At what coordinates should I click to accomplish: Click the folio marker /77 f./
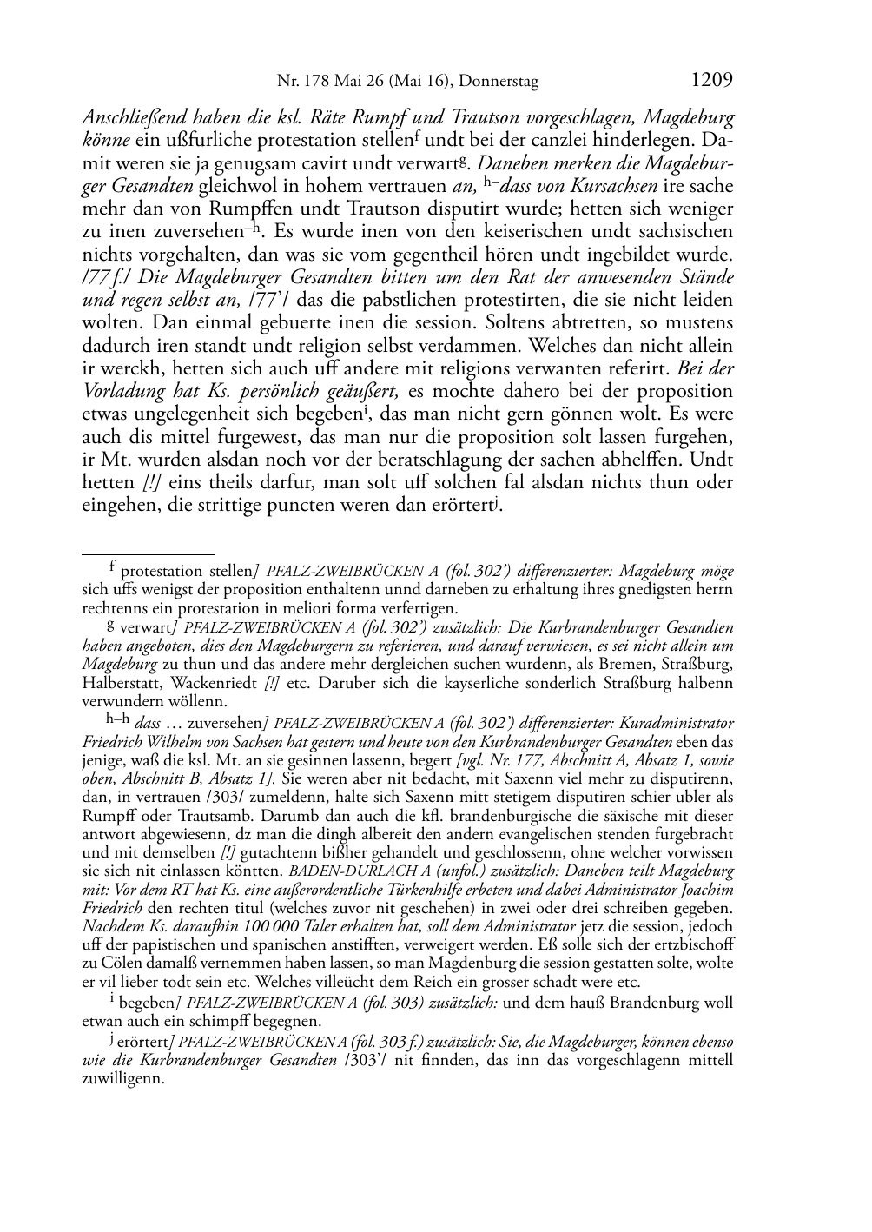(x=104, y=278)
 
